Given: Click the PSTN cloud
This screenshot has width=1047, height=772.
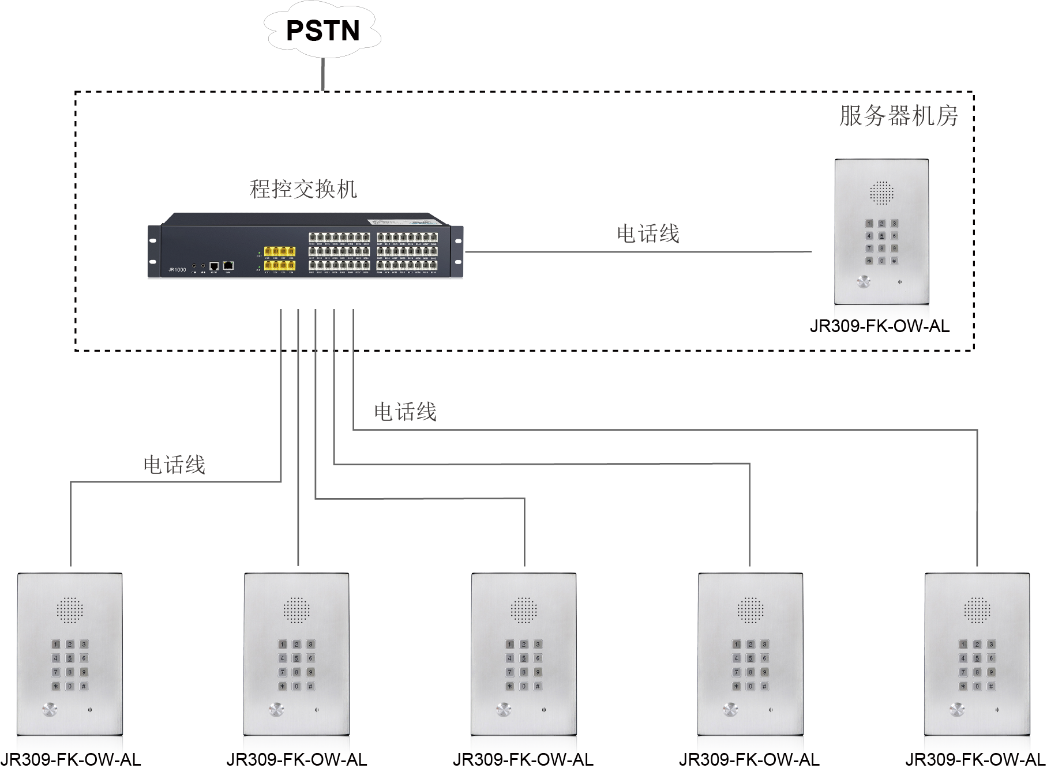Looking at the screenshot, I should coord(322,30).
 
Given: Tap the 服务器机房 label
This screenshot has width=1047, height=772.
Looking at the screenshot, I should coord(898,116).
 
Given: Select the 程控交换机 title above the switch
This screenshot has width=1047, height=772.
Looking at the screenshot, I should coord(303,189).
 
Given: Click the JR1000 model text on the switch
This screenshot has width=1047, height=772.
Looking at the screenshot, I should coord(177,269).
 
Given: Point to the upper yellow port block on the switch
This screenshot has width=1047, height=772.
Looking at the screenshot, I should coord(279,251).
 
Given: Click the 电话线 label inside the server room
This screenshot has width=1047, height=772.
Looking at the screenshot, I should coord(648,234).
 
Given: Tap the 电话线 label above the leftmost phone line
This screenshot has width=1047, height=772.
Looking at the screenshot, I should coord(174,465).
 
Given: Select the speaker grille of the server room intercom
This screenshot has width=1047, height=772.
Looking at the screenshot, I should coord(881,193).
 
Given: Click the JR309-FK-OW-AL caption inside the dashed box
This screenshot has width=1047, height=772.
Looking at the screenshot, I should coord(880,326).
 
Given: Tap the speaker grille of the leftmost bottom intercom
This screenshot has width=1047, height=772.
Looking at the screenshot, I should coord(70,610).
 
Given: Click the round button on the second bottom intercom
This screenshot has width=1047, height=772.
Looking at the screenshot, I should coord(277,709).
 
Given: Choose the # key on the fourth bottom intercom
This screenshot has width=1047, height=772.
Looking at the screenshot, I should coord(764,686).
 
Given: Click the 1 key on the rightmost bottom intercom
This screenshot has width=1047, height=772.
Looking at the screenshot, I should coord(963,645).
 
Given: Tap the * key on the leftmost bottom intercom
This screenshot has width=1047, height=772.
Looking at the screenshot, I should coord(56,686).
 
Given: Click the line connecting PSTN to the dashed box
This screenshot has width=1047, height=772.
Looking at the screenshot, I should coord(323,74).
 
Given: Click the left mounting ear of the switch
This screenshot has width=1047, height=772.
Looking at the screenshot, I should coord(154,251).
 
